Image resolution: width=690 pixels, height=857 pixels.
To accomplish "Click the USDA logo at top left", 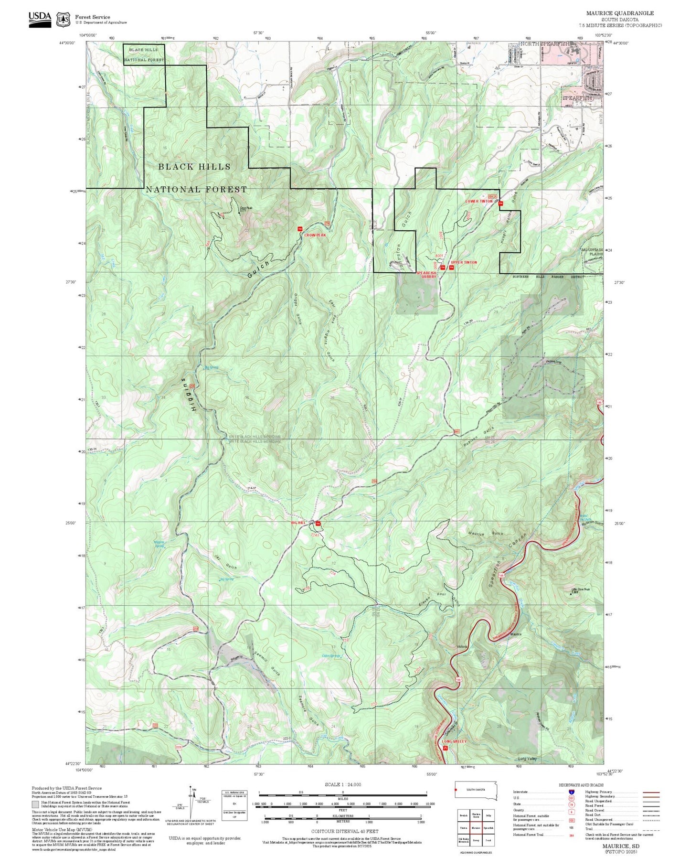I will point(40,19).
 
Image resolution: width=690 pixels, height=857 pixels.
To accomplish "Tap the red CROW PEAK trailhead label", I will point(315,235).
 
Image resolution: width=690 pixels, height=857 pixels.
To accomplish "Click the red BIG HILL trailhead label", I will point(298,523).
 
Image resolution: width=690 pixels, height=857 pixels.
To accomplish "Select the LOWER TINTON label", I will point(478,201).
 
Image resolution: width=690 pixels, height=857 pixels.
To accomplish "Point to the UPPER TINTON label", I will point(464,262).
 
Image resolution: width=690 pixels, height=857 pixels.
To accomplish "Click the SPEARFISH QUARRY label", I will point(426,275).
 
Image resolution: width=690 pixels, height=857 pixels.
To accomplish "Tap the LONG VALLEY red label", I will point(454,741).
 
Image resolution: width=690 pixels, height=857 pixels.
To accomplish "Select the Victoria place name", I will point(462,646).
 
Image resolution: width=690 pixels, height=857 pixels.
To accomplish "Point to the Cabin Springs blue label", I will point(331,656).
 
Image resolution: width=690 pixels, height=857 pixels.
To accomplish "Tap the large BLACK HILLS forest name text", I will point(194,167).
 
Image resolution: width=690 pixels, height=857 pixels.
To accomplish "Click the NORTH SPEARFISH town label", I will point(544,43).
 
